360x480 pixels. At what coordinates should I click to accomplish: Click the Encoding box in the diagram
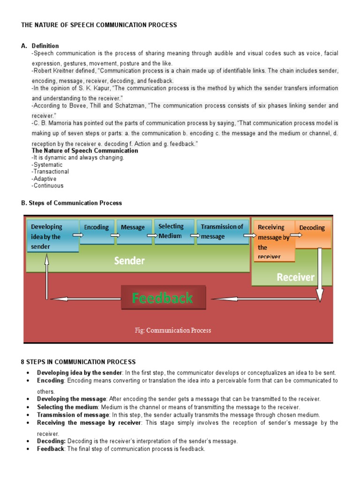tap(96, 231)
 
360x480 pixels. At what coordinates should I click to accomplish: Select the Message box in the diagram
tap(134, 232)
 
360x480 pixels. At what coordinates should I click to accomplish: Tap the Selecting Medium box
tap(173, 231)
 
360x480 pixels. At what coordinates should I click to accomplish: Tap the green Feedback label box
tap(163, 298)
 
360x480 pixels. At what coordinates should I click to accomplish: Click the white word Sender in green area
tap(129, 261)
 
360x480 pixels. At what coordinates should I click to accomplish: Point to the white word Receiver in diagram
tap(295, 277)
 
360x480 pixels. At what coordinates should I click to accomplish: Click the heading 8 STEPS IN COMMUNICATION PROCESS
tap(78, 362)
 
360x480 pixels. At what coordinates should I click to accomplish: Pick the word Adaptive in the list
tap(45, 179)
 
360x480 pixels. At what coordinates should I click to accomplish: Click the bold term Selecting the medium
tap(68, 407)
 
